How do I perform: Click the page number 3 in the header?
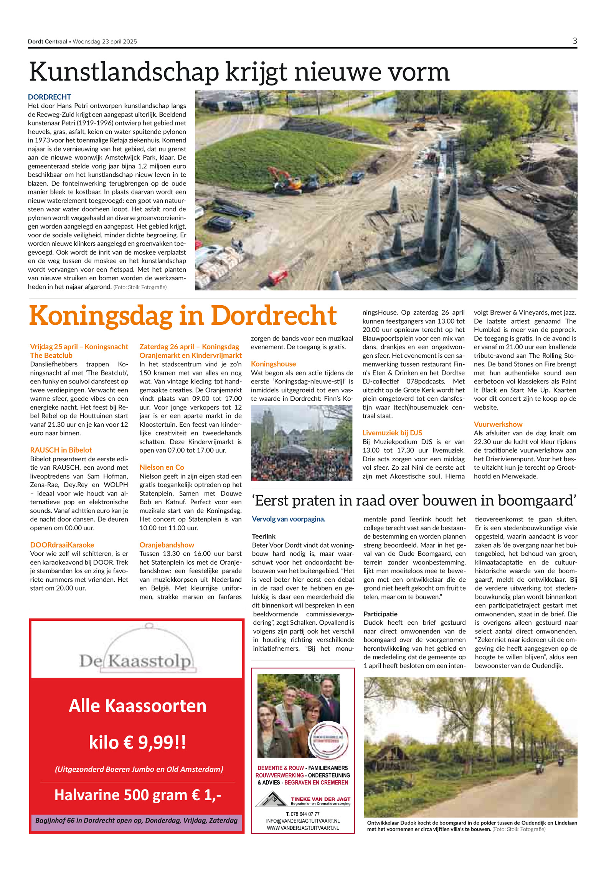(x=574, y=41)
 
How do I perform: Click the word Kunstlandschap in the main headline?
(x=124, y=72)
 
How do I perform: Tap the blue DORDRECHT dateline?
(x=50, y=97)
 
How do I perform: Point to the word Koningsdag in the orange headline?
(x=101, y=316)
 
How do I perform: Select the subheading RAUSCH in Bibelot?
(x=61, y=450)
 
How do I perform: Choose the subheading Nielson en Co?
(x=162, y=467)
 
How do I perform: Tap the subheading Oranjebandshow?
(x=167, y=545)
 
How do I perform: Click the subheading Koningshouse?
(x=273, y=364)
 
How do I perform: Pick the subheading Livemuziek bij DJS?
(x=392, y=433)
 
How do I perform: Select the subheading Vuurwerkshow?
(x=498, y=424)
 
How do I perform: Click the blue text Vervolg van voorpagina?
(x=288, y=519)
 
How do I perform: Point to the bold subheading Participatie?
(x=380, y=614)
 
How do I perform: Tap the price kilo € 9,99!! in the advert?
(x=137, y=742)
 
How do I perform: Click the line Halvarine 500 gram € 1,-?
(x=137, y=795)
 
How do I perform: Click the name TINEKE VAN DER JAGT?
(x=320, y=799)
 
